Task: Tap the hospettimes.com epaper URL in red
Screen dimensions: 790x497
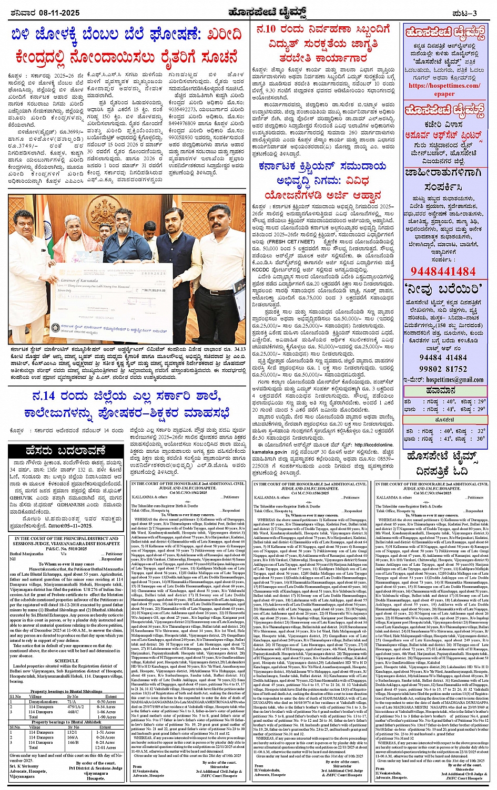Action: pos(444,89)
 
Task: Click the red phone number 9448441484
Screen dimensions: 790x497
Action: pos(443,271)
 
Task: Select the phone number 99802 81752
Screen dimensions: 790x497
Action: pos(443,369)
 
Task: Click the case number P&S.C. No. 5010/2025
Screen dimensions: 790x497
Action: pos(66,548)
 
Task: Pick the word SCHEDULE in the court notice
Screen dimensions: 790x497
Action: pos(66,661)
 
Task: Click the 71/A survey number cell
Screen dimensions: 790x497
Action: pos(72,702)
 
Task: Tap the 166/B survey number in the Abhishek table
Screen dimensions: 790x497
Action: pos(72,742)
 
